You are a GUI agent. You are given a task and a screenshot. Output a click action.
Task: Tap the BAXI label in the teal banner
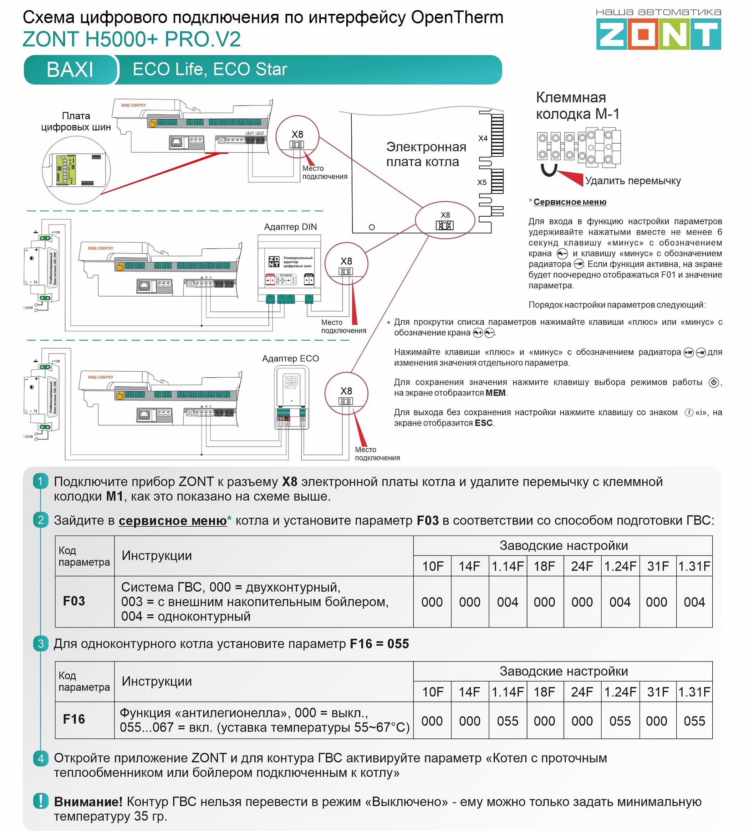pos(70,69)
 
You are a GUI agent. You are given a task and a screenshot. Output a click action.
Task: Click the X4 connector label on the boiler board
pos(483,139)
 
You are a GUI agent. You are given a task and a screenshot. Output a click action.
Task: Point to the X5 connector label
pos(482,182)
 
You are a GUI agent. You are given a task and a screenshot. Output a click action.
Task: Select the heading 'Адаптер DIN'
pos(291,227)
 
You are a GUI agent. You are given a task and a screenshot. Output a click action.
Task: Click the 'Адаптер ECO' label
pos(291,358)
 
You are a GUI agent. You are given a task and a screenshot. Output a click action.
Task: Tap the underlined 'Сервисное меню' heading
pos(570,202)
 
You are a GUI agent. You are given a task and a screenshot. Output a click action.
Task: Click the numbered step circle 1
pos(40,481)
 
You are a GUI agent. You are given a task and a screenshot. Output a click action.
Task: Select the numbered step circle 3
pos(40,643)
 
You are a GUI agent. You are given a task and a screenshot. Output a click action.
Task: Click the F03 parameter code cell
pos(74,601)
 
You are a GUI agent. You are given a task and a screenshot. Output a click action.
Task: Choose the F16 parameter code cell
pos(74,719)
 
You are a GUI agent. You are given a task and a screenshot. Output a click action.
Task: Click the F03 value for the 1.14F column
pos(508,602)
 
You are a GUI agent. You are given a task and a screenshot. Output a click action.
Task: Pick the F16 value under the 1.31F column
pos(694,721)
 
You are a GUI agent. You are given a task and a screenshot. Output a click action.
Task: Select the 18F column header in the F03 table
pos(545,566)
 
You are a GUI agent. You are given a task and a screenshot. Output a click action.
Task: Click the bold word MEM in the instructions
pos(495,393)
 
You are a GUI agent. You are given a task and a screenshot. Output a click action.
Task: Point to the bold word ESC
pos(484,423)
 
